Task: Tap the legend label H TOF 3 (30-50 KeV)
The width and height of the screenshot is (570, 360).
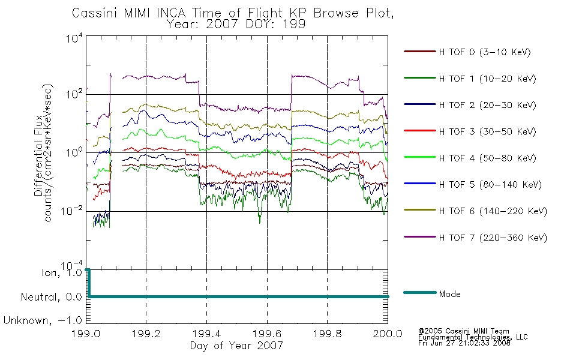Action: click(x=487, y=131)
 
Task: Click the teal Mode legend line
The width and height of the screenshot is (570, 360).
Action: click(x=420, y=292)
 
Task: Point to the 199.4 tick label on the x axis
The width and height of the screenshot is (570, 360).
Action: click(x=206, y=334)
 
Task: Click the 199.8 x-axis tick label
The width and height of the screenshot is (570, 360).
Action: click(x=327, y=334)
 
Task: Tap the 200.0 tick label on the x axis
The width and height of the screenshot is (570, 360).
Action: click(x=388, y=334)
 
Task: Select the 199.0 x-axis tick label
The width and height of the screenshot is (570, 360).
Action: click(x=86, y=334)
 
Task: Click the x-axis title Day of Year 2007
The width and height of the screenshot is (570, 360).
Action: click(x=236, y=346)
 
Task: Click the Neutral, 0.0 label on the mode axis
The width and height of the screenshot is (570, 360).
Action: click(x=51, y=297)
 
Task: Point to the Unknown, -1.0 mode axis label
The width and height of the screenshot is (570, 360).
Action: click(x=43, y=320)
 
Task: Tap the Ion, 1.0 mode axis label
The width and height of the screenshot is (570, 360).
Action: click(x=62, y=273)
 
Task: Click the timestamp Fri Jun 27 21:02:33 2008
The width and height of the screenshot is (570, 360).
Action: click(x=464, y=343)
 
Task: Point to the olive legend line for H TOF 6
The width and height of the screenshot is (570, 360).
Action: click(x=420, y=210)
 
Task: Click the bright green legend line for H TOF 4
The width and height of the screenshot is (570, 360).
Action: click(x=420, y=157)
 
